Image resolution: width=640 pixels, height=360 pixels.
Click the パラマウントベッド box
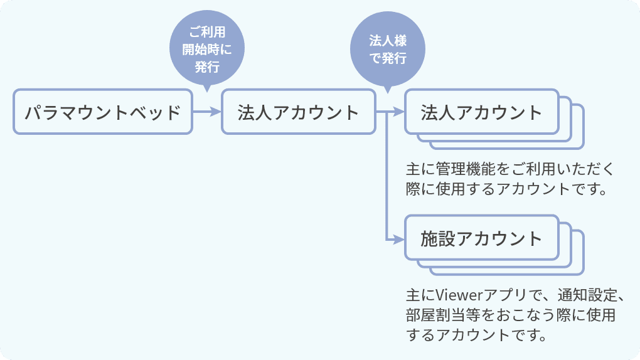coord(102,112)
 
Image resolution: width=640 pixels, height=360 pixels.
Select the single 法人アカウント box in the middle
coord(298,112)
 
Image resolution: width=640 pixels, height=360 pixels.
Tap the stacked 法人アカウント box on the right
coord(481,112)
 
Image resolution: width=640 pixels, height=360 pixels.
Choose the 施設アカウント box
coord(481,238)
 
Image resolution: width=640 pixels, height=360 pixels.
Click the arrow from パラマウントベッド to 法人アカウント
coord(206,112)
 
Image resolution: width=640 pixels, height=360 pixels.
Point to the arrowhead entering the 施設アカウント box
coord(399,239)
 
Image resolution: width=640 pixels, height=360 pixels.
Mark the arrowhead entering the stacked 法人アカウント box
coord(399,113)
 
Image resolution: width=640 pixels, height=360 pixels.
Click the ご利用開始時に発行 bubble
coord(206,49)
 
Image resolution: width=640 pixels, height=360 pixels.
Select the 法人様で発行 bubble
coord(388,49)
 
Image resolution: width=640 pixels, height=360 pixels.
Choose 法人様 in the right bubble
coord(388,41)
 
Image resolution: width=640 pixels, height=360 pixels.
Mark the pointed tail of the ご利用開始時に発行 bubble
coord(207,87)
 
